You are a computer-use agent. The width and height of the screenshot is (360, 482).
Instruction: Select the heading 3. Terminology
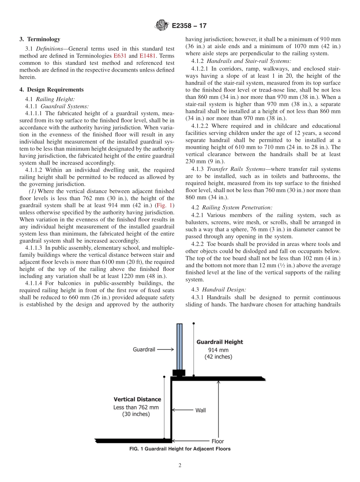pos(40,39)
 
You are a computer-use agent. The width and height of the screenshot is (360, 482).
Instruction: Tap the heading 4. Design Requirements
pos(52,90)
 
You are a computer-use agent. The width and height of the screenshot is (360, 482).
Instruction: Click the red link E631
pos(120,56)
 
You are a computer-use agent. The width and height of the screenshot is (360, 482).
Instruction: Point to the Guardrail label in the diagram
pos(144,349)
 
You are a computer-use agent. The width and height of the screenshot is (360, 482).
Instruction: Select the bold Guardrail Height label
pos(219,342)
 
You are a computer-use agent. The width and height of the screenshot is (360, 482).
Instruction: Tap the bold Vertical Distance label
pos(137,399)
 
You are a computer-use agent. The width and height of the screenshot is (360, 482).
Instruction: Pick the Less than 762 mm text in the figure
pos(136,407)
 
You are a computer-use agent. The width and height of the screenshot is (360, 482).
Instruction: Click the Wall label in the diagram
pos(200,410)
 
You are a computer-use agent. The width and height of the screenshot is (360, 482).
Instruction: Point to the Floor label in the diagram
pos(218,441)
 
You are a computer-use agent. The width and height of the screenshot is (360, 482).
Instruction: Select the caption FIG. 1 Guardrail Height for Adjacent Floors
pos(180,449)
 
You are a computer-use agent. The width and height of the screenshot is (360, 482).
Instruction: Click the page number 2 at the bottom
pos(180,466)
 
